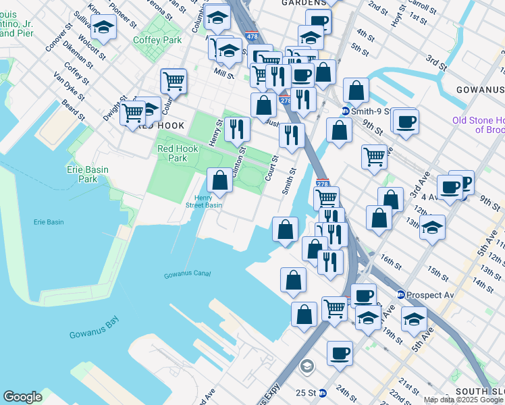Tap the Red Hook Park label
[x=172, y=153]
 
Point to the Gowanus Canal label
[x=187, y=273]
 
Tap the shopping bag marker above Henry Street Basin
[x=219, y=180]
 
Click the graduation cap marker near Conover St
[x=103, y=28]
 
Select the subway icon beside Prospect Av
[x=400, y=294]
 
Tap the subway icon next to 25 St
[x=323, y=392]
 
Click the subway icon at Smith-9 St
[x=344, y=111]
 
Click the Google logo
[x=22, y=397]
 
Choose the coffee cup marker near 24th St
[x=340, y=352]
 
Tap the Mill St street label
[x=223, y=72]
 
